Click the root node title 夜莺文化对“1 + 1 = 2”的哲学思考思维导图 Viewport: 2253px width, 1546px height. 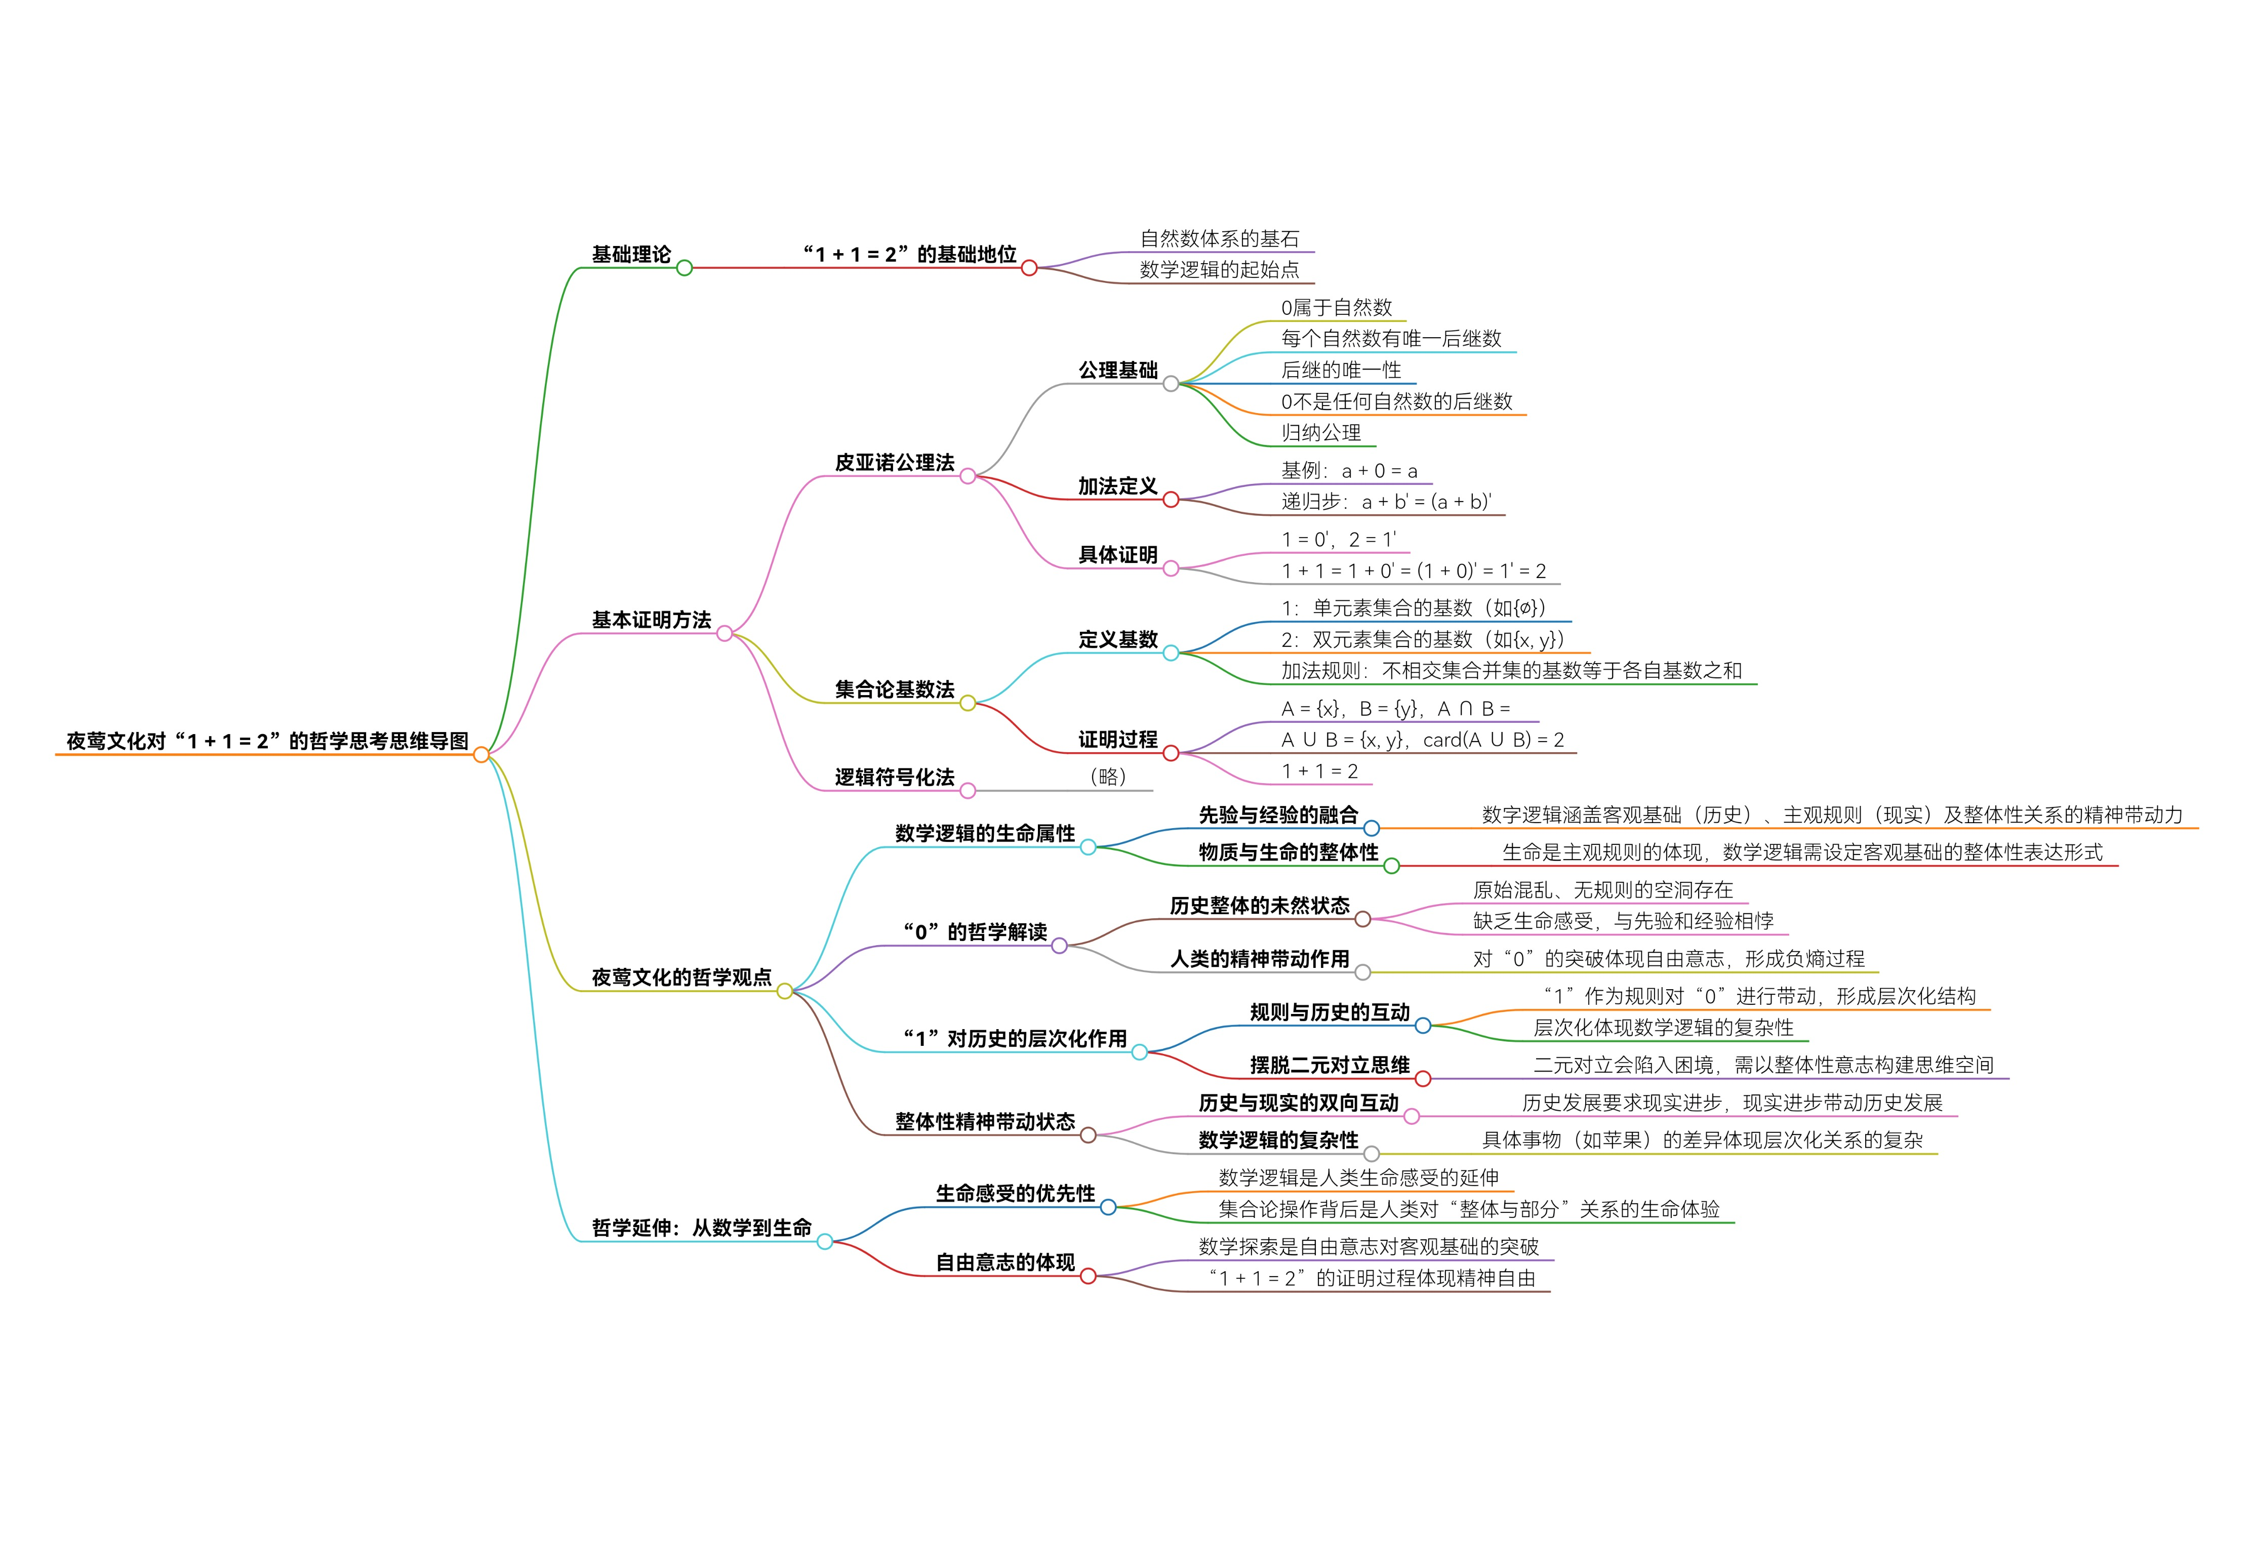coord(267,741)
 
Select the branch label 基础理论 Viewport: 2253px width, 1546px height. coord(631,254)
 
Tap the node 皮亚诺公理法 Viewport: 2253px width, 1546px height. coord(894,462)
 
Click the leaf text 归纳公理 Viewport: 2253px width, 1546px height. coord(1320,432)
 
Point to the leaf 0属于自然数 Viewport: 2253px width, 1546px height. coord(1336,307)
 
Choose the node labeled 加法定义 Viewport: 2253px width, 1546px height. coord(1118,485)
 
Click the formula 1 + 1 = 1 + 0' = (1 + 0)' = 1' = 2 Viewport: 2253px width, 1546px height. coord(1414,571)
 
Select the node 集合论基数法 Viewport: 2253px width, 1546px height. coord(894,689)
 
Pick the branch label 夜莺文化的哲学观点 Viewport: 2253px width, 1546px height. coord(681,977)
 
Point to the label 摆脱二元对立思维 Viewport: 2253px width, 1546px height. coord(1329,1065)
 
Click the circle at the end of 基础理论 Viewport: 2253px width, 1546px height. coord(685,267)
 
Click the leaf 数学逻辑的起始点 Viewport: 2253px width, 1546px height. coord(1219,269)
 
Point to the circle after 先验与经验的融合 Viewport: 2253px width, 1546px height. coord(1372,828)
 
